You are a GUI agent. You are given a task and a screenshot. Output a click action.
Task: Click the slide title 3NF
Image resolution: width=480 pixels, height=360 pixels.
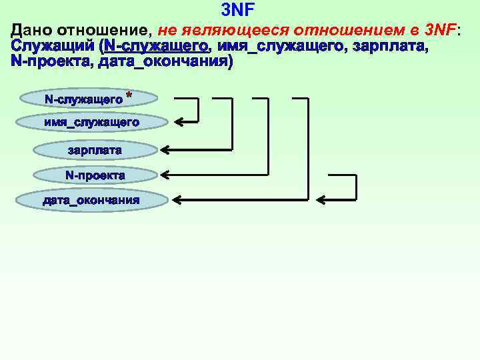point(237,9)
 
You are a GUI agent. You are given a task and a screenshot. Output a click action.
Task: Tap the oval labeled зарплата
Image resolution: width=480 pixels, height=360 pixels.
point(95,151)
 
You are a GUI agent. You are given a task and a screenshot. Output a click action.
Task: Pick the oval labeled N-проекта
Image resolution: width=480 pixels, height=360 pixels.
point(95,175)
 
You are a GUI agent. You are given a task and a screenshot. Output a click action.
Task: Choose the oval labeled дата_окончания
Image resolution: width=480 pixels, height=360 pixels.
point(91,200)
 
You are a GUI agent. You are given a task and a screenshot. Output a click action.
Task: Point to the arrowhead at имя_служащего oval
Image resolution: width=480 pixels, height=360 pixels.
point(179,122)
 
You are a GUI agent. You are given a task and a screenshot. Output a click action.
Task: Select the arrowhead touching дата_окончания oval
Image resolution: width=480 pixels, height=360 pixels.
point(176,199)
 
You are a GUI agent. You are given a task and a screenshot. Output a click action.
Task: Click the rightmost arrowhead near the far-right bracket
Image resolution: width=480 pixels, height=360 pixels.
point(321,199)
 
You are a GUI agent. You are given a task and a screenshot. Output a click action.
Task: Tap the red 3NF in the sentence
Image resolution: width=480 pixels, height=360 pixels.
point(440,31)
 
